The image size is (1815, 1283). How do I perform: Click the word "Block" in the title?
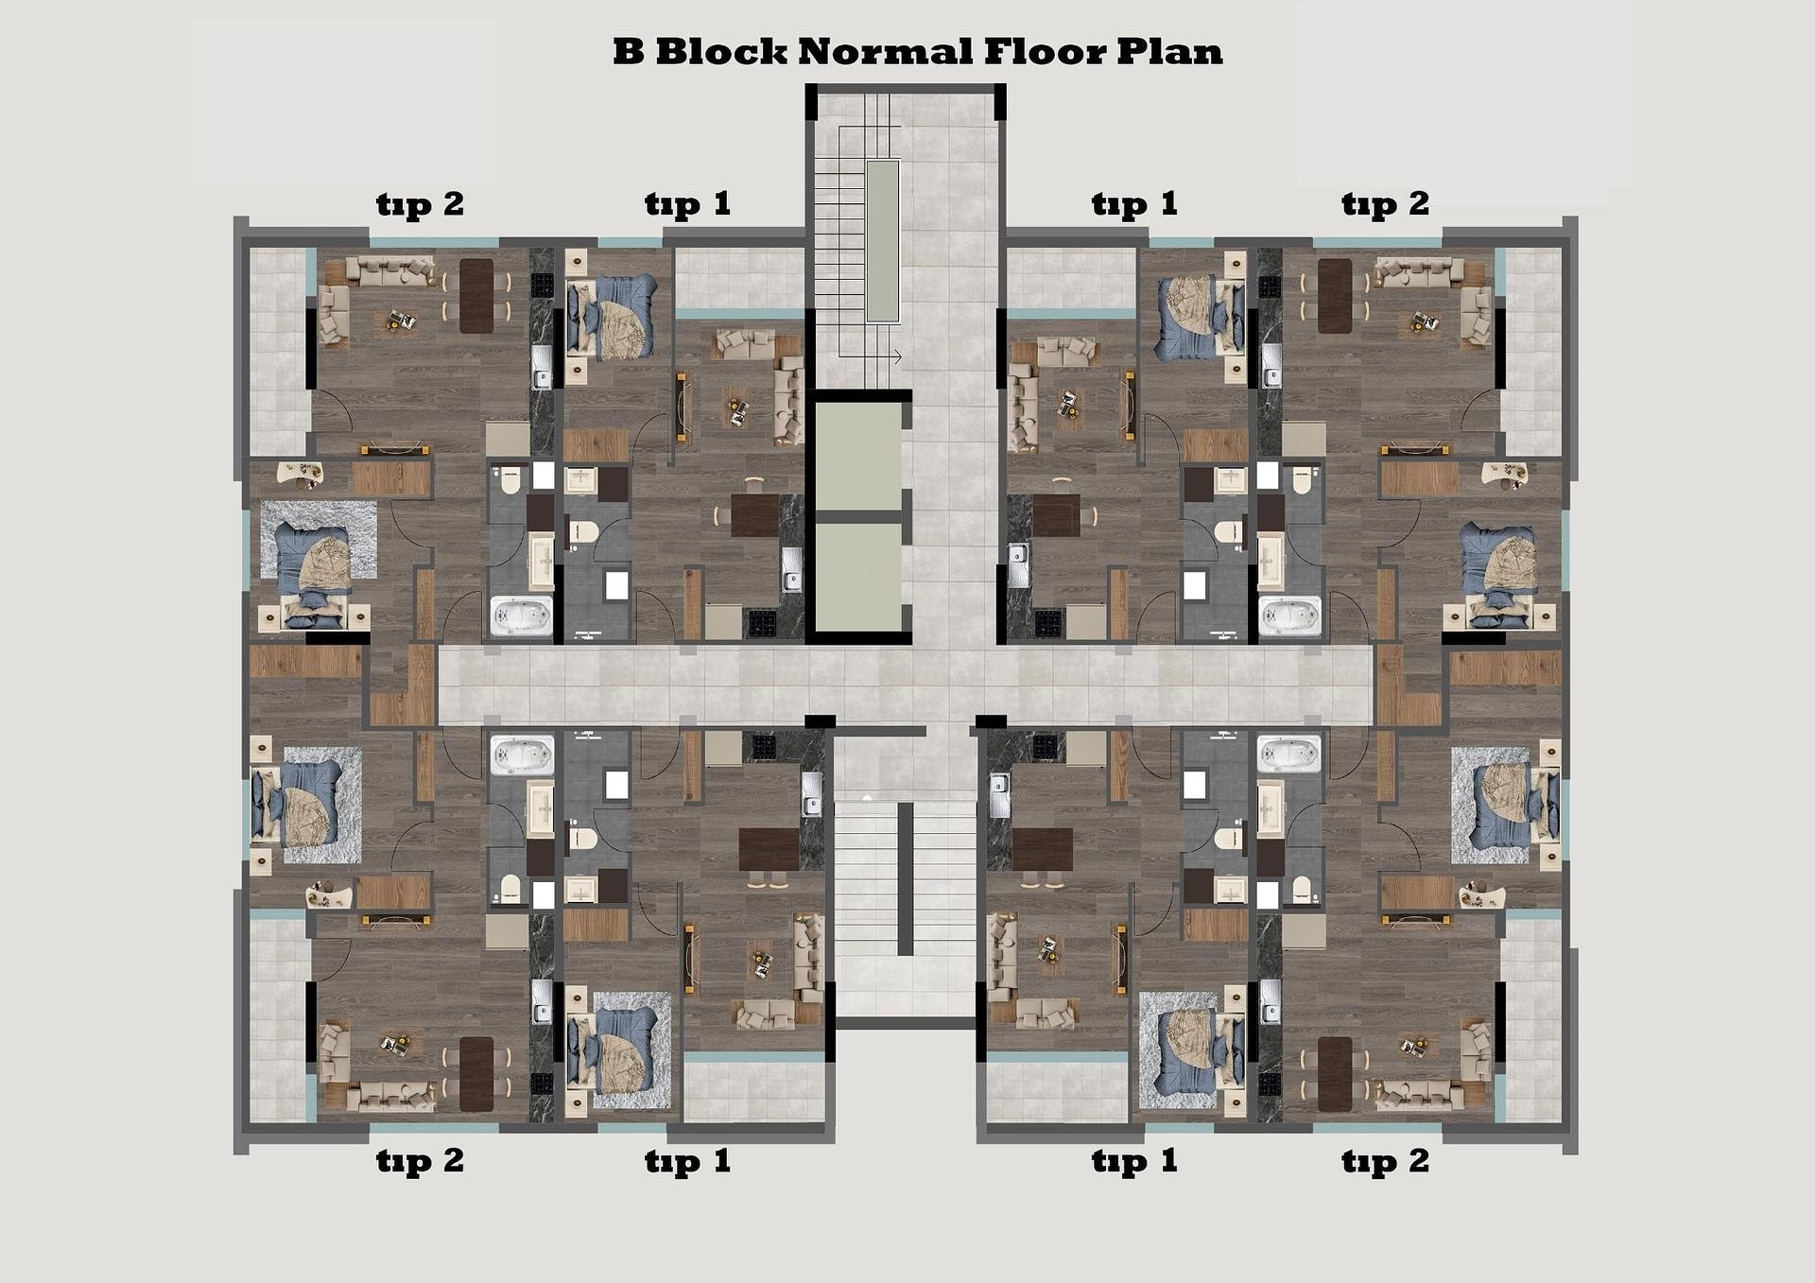coord(720,51)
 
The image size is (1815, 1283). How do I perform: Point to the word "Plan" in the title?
coord(1169,51)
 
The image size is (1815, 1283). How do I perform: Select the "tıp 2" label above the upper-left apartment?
coord(420,204)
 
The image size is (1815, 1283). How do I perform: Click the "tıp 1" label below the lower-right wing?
coord(1134,1160)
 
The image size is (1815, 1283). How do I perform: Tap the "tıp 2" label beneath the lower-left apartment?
coord(420,1160)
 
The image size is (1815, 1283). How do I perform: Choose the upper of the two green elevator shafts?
coord(858,457)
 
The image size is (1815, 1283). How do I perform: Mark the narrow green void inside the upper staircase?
coord(883,241)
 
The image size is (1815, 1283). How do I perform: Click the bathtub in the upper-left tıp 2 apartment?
coord(521,615)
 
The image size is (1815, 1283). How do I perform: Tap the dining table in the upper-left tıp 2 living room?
coord(476,296)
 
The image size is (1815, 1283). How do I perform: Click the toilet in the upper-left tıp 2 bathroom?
coord(510,479)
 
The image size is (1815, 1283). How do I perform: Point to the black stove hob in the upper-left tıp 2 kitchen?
coord(542,285)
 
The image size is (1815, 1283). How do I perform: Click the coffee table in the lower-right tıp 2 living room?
coord(1418,1048)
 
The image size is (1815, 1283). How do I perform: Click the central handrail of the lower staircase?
coord(905,879)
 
